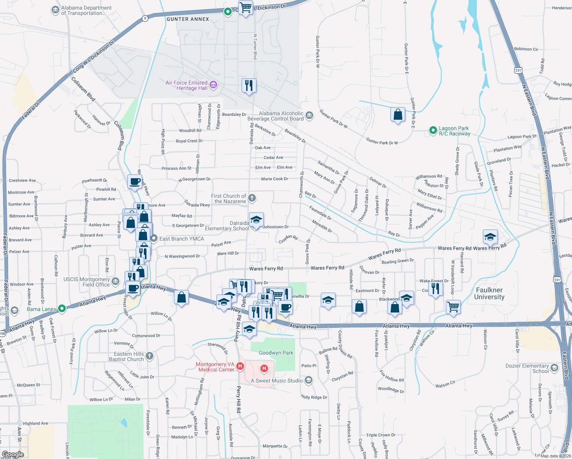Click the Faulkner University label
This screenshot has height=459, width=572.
pos(489,293)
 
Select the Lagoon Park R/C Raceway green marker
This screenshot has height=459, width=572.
pos(433,130)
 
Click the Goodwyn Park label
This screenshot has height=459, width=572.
pos(276,353)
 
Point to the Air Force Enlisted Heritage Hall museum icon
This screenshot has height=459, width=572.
pos(213,85)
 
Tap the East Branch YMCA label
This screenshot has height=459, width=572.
pos(182,239)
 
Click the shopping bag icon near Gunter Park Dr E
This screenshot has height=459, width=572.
pos(398,114)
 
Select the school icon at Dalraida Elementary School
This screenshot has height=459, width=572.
pos(256,220)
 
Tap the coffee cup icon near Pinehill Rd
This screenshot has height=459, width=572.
pos(135,181)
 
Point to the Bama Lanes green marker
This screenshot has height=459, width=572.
pos(62,308)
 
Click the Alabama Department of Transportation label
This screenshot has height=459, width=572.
pos(86,10)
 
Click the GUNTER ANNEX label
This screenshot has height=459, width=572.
pos(188,19)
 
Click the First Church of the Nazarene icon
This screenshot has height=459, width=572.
pos(252,198)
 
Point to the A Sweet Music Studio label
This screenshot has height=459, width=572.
pos(276,381)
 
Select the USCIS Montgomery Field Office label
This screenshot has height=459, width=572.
pos(86,282)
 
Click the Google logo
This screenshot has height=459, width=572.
pos(13,454)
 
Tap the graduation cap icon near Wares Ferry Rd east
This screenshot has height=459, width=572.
pos(490,236)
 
